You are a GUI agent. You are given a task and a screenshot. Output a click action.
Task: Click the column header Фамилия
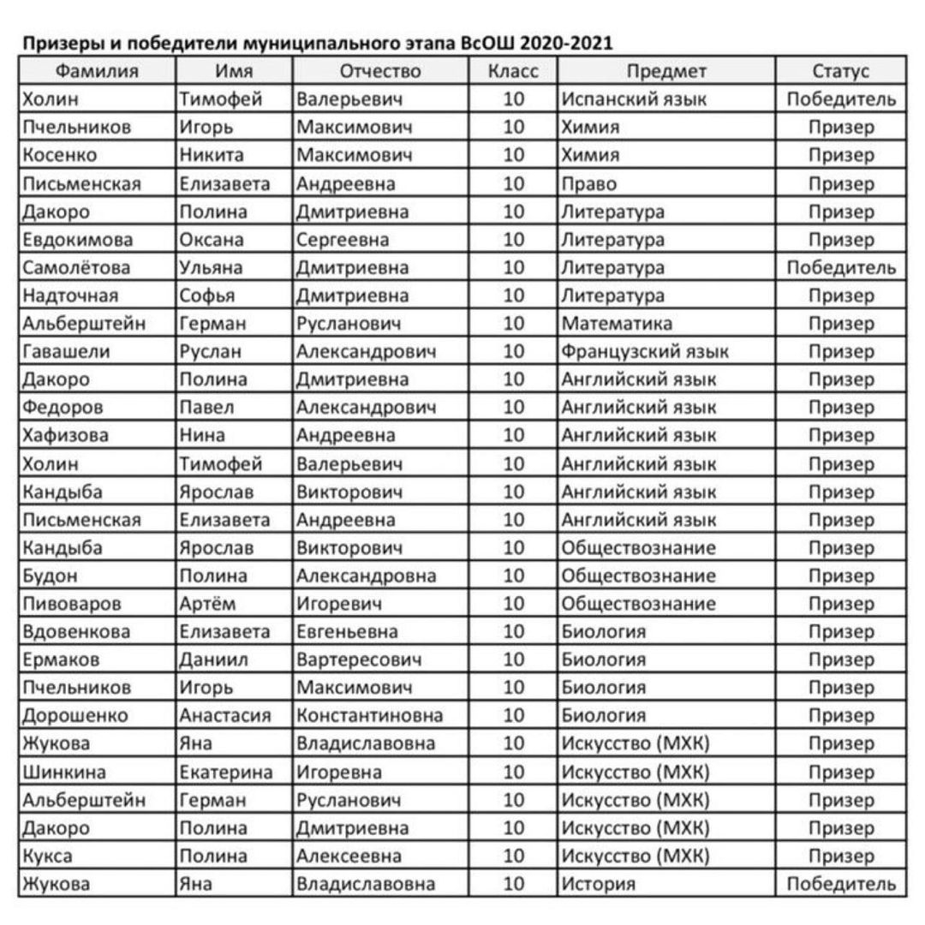(x=97, y=71)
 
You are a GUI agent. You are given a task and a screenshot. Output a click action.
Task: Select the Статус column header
(x=840, y=71)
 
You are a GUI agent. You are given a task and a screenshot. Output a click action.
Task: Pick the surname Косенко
(x=60, y=155)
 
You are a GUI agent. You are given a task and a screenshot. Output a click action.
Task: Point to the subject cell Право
(x=588, y=183)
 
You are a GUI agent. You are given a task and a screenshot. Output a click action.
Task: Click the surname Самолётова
(x=77, y=267)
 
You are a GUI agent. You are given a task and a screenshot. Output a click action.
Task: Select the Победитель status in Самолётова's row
(x=840, y=267)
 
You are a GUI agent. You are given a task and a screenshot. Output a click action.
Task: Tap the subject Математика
(x=617, y=323)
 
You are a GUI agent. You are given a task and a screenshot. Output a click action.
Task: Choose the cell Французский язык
(x=644, y=351)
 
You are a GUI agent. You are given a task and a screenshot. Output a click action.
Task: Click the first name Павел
(x=206, y=407)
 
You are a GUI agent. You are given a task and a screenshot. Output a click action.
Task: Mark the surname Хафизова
(x=66, y=435)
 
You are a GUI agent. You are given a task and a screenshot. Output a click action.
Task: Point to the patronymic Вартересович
(x=359, y=659)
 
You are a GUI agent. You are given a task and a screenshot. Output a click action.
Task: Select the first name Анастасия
(x=224, y=715)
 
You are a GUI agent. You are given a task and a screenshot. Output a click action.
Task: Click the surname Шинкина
(x=65, y=772)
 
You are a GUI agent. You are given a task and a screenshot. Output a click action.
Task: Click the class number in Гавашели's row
(x=513, y=351)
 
